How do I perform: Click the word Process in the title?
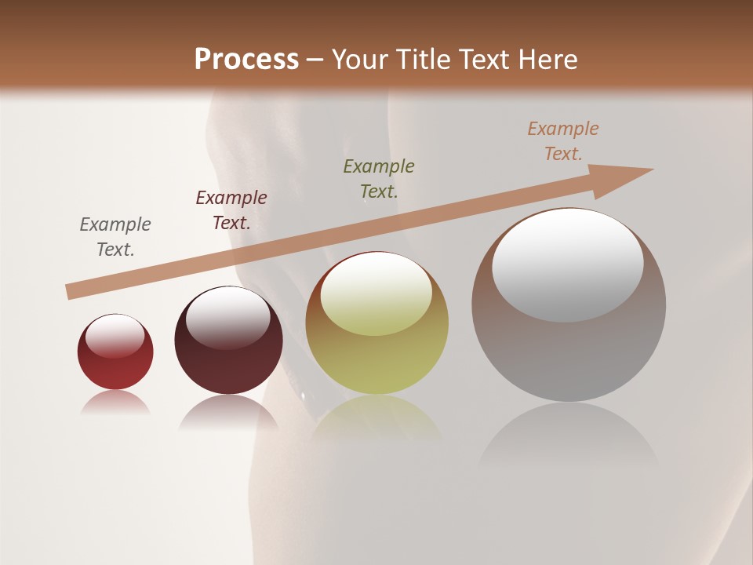(246, 59)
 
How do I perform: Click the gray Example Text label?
(115, 237)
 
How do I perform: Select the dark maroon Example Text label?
(231, 210)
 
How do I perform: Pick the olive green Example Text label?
(379, 179)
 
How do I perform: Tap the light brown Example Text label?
(563, 141)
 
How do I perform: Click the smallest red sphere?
(115, 361)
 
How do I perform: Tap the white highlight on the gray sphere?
(568, 265)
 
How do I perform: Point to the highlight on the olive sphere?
(376, 294)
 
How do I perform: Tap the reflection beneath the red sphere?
(115, 402)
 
